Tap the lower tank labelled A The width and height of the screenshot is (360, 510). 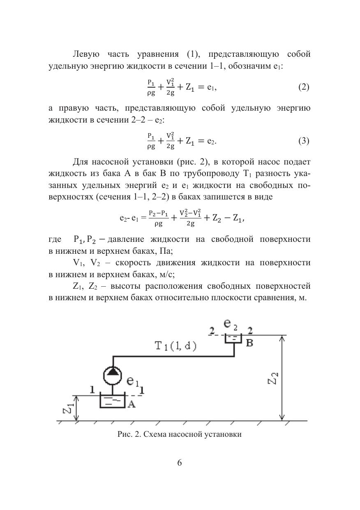click(112, 401)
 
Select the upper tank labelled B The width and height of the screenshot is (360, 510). click(233, 338)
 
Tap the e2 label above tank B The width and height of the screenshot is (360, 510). click(231, 325)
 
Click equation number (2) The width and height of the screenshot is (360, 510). click(303, 87)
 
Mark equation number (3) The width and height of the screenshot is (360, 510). click(303, 141)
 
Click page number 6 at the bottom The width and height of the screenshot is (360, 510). click(179, 462)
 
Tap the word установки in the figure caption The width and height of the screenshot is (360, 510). click(224, 434)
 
